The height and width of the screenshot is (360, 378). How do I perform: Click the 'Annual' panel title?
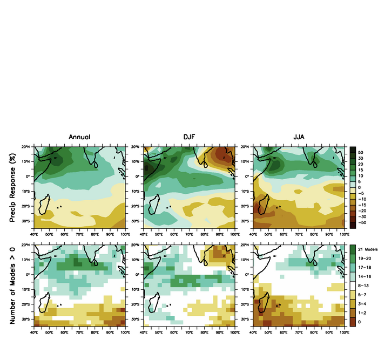[x=79, y=138]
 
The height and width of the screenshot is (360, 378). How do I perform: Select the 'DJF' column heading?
[x=188, y=138]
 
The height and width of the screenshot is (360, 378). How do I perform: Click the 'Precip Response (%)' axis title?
[x=12, y=186]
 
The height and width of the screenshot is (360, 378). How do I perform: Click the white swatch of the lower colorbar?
[x=353, y=284]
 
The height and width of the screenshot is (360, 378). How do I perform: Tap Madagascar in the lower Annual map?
[x=45, y=303]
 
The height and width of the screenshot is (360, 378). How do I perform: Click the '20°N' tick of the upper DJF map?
[x=137, y=147]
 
